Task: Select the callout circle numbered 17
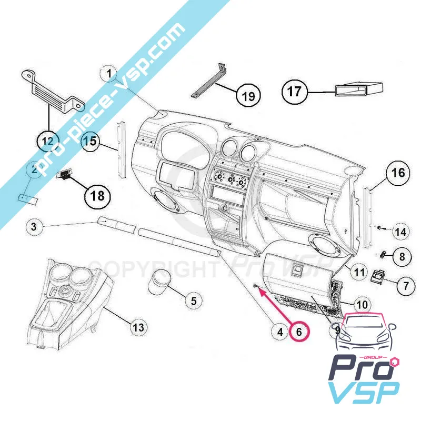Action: point(294,92)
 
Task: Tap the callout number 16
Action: point(397,172)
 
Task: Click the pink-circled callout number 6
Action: point(299,332)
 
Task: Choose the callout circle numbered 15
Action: point(91,141)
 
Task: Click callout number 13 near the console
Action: point(137,327)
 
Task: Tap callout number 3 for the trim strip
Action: point(33,227)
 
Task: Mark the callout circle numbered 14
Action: point(401,230)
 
